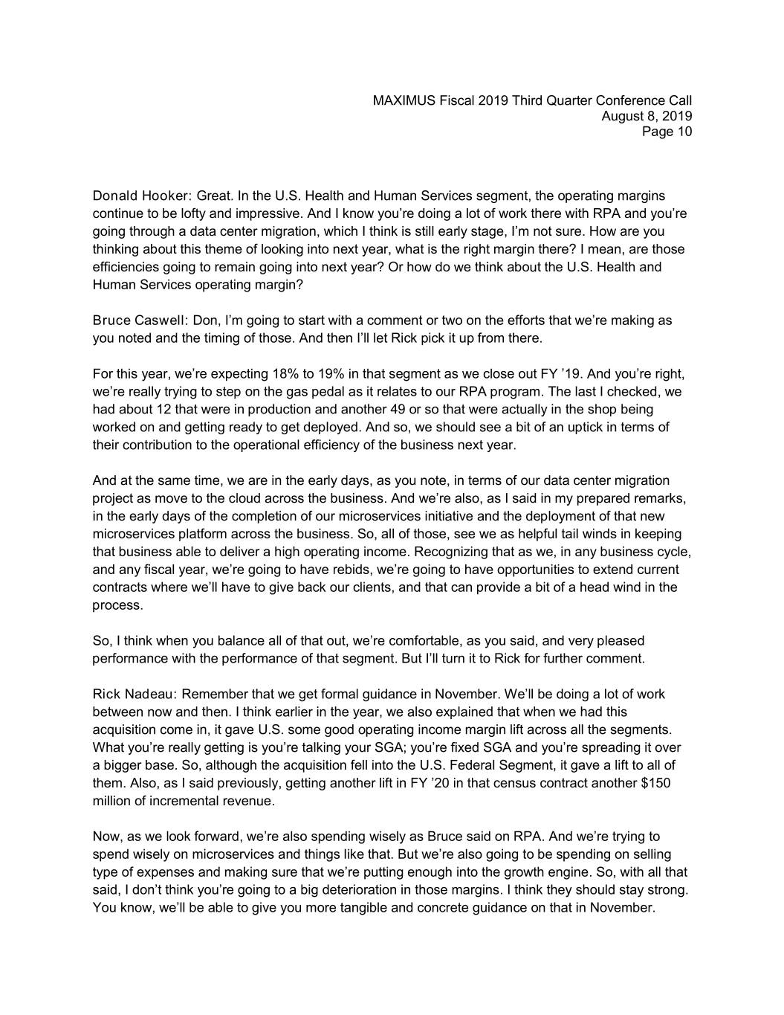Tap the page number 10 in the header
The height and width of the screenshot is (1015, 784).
point(684,132)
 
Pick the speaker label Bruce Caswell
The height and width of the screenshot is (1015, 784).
point(140,320)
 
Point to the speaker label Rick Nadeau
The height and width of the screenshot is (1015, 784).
point(134,694)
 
